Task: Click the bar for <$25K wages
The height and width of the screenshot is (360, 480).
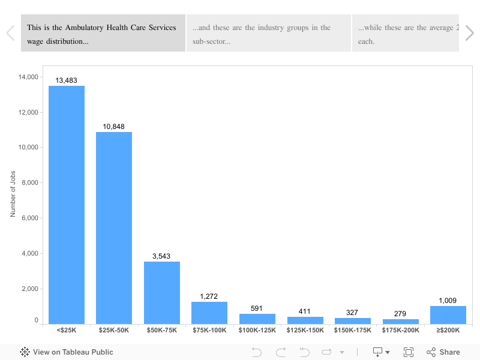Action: [67, 204]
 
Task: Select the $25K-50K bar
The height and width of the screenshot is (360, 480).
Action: [114, 228]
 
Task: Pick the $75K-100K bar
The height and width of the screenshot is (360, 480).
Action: [209, 313]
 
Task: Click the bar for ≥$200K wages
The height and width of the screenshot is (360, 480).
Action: [448, 315]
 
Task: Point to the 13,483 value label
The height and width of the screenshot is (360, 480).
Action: [67, 80]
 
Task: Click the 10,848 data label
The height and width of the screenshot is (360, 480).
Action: [114, 127]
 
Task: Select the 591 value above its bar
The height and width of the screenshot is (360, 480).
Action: [257, 309]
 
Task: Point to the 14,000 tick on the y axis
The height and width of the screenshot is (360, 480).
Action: [29, 77]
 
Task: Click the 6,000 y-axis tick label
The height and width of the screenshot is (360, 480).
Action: [30, 218]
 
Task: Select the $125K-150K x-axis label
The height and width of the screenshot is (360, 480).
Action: [305, 330]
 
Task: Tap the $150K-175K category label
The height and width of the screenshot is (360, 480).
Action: [352, 330]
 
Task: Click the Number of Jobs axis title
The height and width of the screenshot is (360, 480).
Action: [13, 194]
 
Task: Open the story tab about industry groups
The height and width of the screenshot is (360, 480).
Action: [268, 34]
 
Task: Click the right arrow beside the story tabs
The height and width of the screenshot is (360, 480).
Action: [469, 34]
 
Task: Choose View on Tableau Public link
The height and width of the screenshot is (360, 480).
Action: [67, 352]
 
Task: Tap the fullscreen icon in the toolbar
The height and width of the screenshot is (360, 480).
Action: [409, 352]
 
